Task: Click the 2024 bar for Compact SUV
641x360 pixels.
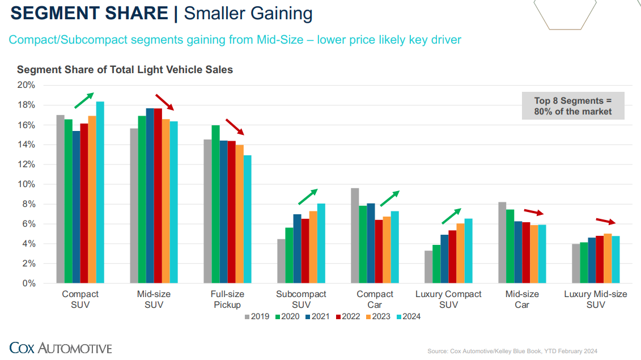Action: click(100, 192)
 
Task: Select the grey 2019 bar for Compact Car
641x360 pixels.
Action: click(355, 235)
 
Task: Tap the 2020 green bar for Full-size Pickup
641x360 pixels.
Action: click(215, 204)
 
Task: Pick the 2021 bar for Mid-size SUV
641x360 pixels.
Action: click(150, 196)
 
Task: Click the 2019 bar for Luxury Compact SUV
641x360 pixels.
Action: click(428, 267)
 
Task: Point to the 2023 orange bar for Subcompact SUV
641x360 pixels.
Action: click(313, 247)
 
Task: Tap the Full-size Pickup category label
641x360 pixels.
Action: click(227, 299)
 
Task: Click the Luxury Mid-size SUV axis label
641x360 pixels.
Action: click(596, 299)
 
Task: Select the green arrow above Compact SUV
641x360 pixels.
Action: click(84, 100)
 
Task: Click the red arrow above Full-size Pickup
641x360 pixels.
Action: click(235, 127)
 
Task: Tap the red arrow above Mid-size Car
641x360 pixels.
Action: click(533, 211)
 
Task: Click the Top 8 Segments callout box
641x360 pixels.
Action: click(573, 106)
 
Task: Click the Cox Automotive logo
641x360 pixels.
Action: click(61, 348)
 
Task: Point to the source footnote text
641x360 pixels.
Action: click(512, 351)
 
